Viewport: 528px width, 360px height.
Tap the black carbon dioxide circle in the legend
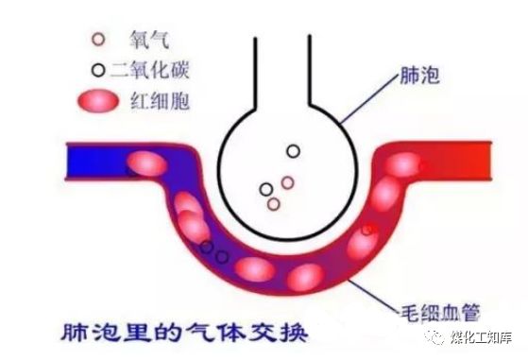[96, 69]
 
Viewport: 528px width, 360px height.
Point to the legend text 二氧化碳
[150, 69]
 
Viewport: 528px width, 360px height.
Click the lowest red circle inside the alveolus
[273, 203]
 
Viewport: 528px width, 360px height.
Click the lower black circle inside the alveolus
[266, 189]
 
